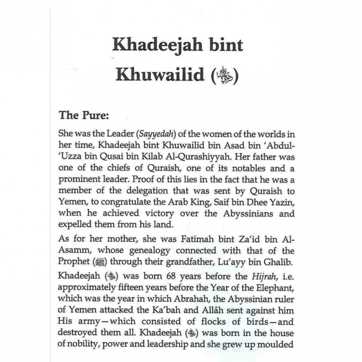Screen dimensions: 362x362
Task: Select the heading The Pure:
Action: coord(84,115)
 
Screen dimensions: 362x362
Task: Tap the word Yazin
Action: coord(281,202)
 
